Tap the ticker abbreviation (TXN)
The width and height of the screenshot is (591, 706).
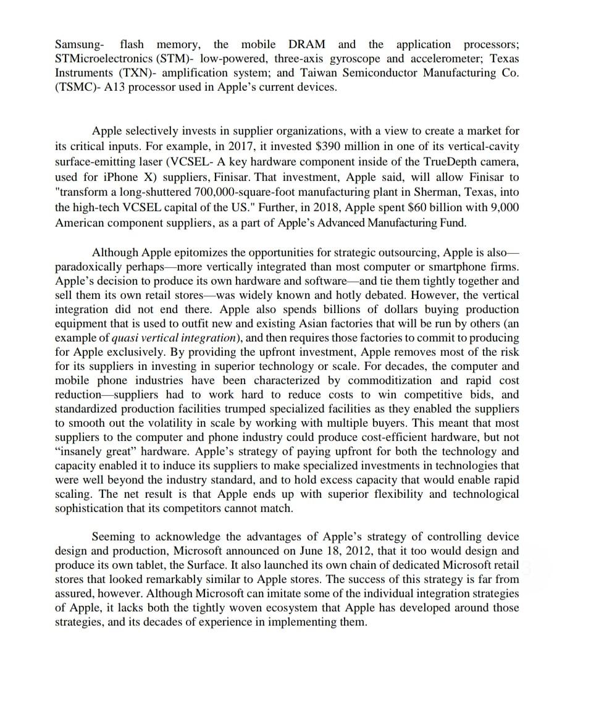click(x=131, y=73)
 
